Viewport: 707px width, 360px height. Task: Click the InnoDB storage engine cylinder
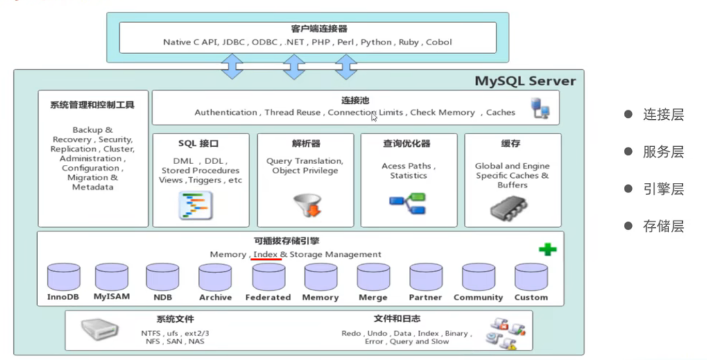pos(64,277)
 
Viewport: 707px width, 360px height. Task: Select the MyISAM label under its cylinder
pos(112,296)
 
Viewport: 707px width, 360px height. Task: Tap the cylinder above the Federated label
pos(269,277)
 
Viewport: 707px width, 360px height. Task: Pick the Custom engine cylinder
pos(531,277)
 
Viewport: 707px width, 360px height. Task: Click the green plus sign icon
pos(547,250)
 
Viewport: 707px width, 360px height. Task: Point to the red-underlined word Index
pos(266,254)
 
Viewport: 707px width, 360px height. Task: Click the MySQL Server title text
pos(525,81)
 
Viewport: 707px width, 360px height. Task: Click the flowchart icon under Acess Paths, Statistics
pos(407,204)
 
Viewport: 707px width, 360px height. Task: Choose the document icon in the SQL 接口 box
pos(196,205)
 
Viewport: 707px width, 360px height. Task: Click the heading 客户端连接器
pos(308,29)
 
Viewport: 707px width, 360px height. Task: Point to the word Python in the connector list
pos(376,42)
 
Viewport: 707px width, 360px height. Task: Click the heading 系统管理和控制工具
pos(92,105)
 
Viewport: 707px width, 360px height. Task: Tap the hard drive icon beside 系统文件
pos(100,328)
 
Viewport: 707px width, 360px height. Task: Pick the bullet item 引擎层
pos(663,189)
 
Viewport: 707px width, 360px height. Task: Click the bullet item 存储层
pos(663,226)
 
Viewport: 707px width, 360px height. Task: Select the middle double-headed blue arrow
pos(294,67)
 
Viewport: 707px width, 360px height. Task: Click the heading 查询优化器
pos(406,144)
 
